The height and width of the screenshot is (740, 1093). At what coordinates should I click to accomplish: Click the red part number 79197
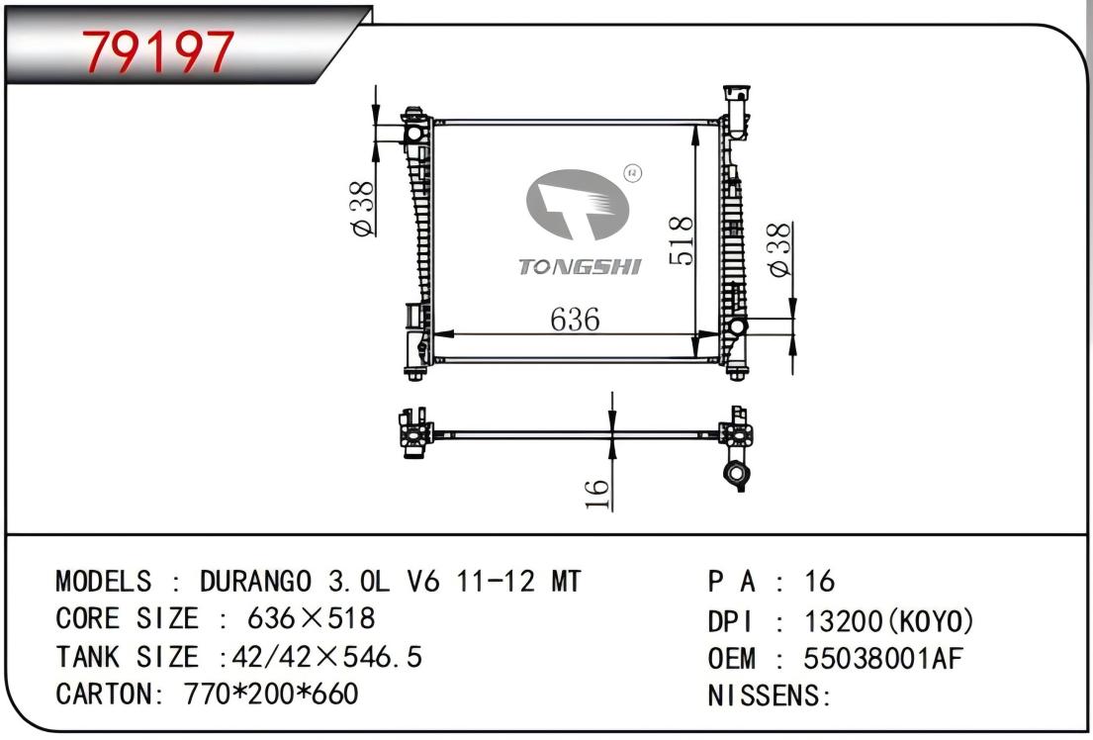click(158, 51)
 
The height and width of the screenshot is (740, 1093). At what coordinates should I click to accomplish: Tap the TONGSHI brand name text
click(580, 266)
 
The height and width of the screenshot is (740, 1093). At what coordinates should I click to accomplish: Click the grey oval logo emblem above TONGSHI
click(578, 205)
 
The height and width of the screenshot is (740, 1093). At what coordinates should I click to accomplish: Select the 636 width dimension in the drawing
click(575, 320)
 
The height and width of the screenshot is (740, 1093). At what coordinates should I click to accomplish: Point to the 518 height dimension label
click(682, 240)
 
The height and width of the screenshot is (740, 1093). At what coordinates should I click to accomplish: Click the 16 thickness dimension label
click(596, 493)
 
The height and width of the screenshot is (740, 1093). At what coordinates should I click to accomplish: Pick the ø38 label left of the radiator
click(362, 209)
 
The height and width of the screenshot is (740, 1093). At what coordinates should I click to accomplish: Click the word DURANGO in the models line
click(256, 581)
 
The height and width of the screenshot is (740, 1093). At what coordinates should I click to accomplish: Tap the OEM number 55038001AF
click(883, 658)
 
